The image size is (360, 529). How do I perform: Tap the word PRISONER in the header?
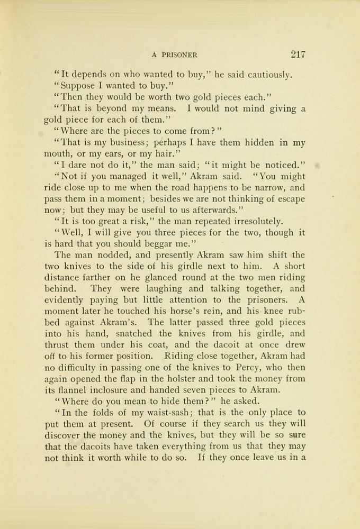(x=180, y=54)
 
